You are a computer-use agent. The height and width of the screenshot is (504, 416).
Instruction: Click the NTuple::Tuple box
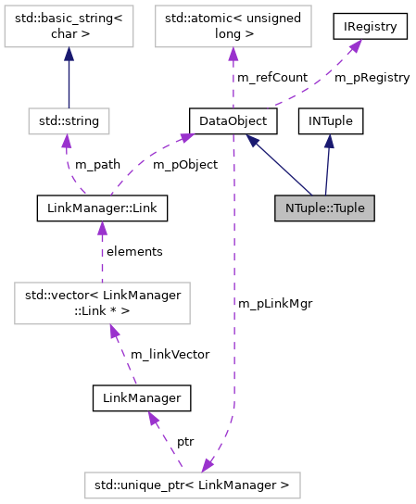pyautogui.click(x=324, y=208)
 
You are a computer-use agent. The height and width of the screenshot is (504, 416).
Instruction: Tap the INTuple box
pyautogui.click(x=330, y=120)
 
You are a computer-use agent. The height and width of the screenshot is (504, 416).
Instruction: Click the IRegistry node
pyautogui.click(x=371, y=27)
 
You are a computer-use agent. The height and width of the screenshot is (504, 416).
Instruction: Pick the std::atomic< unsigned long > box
pyautogui.click(x=230, y=31)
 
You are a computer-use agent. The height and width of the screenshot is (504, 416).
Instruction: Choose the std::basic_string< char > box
pyautogui.click(x=69, y=31)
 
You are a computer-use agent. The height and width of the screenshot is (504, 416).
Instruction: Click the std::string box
pyautogui.click(x=69, y=120)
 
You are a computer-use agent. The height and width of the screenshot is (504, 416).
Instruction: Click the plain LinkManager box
pyautogui.click(x=142, y=398)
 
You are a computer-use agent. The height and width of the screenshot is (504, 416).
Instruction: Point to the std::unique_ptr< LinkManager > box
pyautogui.click(x=192, y=483)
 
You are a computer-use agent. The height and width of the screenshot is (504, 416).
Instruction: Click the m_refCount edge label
pyautogui.click(x=271, y=78)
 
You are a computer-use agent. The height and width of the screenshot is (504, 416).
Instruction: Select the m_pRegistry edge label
pyautogui.click(x=372, y=78)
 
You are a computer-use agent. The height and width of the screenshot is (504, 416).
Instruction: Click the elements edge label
pyautogui.click(x=134, y=251)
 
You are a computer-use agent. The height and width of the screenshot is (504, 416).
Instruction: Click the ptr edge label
pyautogui.click(x=184, y=441)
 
